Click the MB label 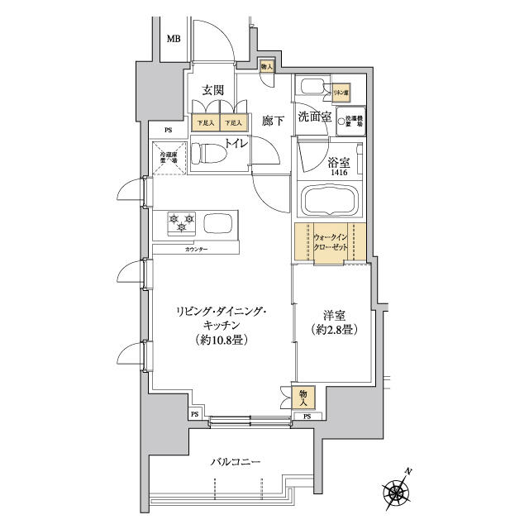click(x=174, y=40)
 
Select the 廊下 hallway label click(x=273, y=121)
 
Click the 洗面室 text click(x=315, y=117)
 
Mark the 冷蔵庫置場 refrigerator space click(x=169, y=155)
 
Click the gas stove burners click(x=182, y=222)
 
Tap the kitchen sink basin click(x=218, y=223)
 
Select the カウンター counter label click(x=196, y=249)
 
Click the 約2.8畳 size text click(x=334, y=330)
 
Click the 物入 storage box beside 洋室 click(x=304, y=397)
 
